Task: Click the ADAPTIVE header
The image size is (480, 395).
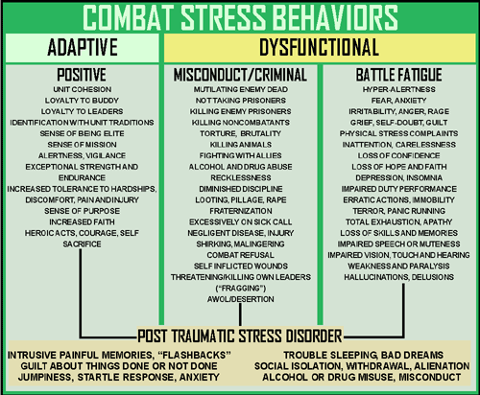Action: (x=83, y=47)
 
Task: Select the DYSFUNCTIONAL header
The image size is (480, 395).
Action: (x=319, y=47)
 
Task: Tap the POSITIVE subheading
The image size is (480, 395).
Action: (x=82, y=75)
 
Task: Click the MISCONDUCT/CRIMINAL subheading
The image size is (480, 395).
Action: (x=240, y=75)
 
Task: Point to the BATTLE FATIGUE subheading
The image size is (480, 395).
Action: (x=399, y=75)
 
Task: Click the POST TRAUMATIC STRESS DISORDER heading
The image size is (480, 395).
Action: (x=240, y=337)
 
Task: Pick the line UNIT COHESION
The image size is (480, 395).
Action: (x=83, y=89)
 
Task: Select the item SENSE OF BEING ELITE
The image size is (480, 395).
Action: (x=82, y=133)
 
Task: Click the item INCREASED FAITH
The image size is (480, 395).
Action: (x=82, y=221)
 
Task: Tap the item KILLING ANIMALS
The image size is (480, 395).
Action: (x=241, y=145)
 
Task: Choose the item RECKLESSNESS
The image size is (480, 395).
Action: (x=241, y=177)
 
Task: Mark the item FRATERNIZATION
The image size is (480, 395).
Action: (x=241, y=211)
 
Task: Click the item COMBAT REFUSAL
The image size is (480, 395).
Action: (x=241, y=255)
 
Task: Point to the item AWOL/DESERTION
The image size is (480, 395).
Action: (x=241, y=299)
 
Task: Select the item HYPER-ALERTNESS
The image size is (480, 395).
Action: (x=399, y=89)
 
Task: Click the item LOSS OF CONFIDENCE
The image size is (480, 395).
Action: (x=399, y=155)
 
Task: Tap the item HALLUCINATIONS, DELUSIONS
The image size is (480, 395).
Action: (x=399, y=277)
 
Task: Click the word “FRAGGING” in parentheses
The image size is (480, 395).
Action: (x=241, y=289)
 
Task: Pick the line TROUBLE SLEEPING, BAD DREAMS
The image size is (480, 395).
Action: (x=364, y=355)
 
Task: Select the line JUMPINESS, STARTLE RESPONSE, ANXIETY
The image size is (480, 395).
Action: (x=119, y=377)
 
